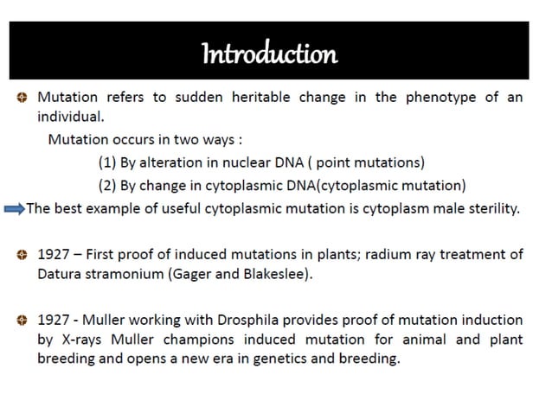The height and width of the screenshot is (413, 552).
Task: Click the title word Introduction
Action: pyautogui.click(x=268, y=54)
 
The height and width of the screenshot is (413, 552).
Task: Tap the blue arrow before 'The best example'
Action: pyautogui.click(x=13, y=208)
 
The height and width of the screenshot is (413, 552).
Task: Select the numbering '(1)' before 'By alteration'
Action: pyautogui.click(x=110, y=162)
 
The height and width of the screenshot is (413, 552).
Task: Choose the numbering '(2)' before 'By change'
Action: pyautogui.click(x=110, y=184)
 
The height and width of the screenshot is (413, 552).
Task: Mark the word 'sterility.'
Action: pyautogui.click(x=490, y=207)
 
